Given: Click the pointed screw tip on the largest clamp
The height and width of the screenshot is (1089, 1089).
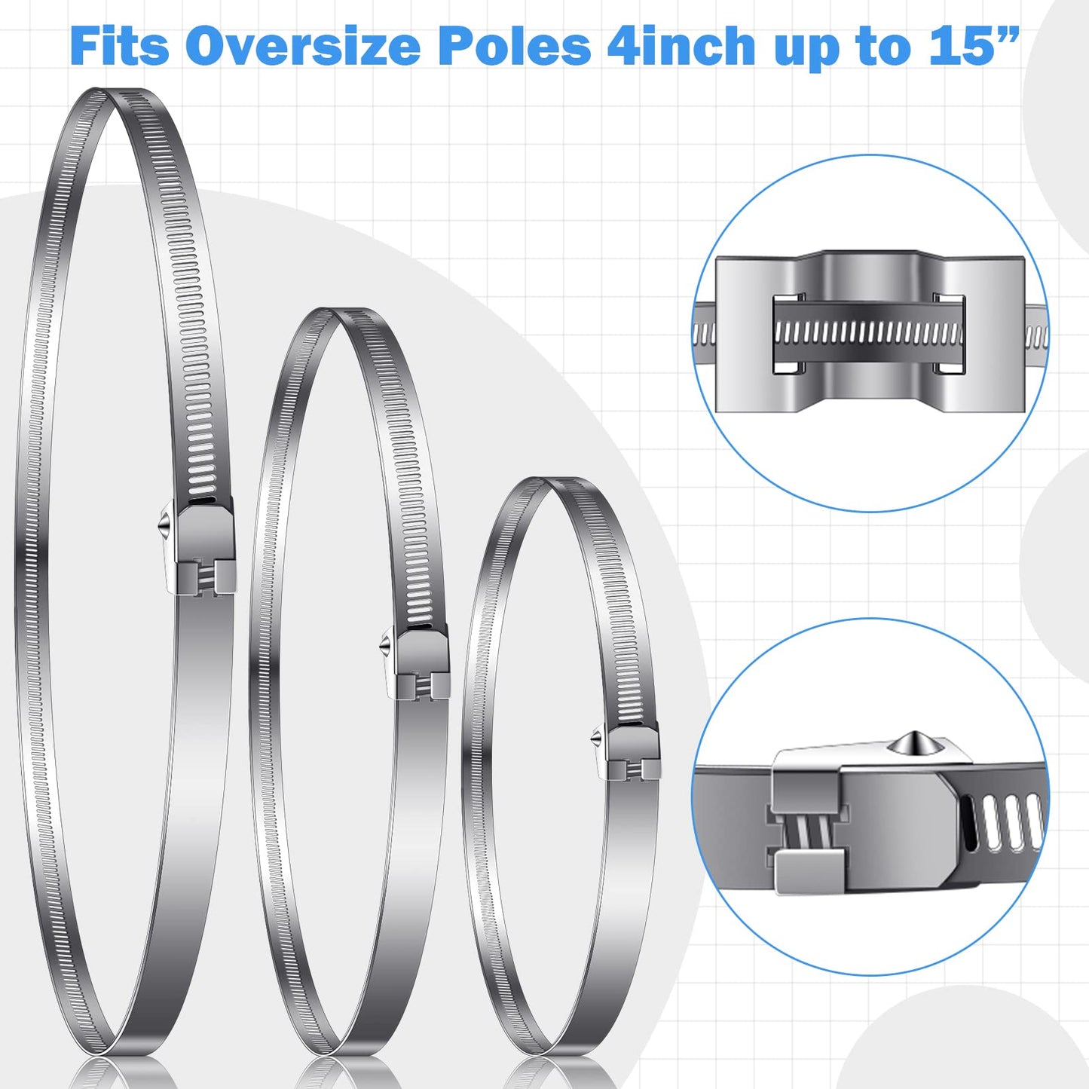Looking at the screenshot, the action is click(x=161, y=526).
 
